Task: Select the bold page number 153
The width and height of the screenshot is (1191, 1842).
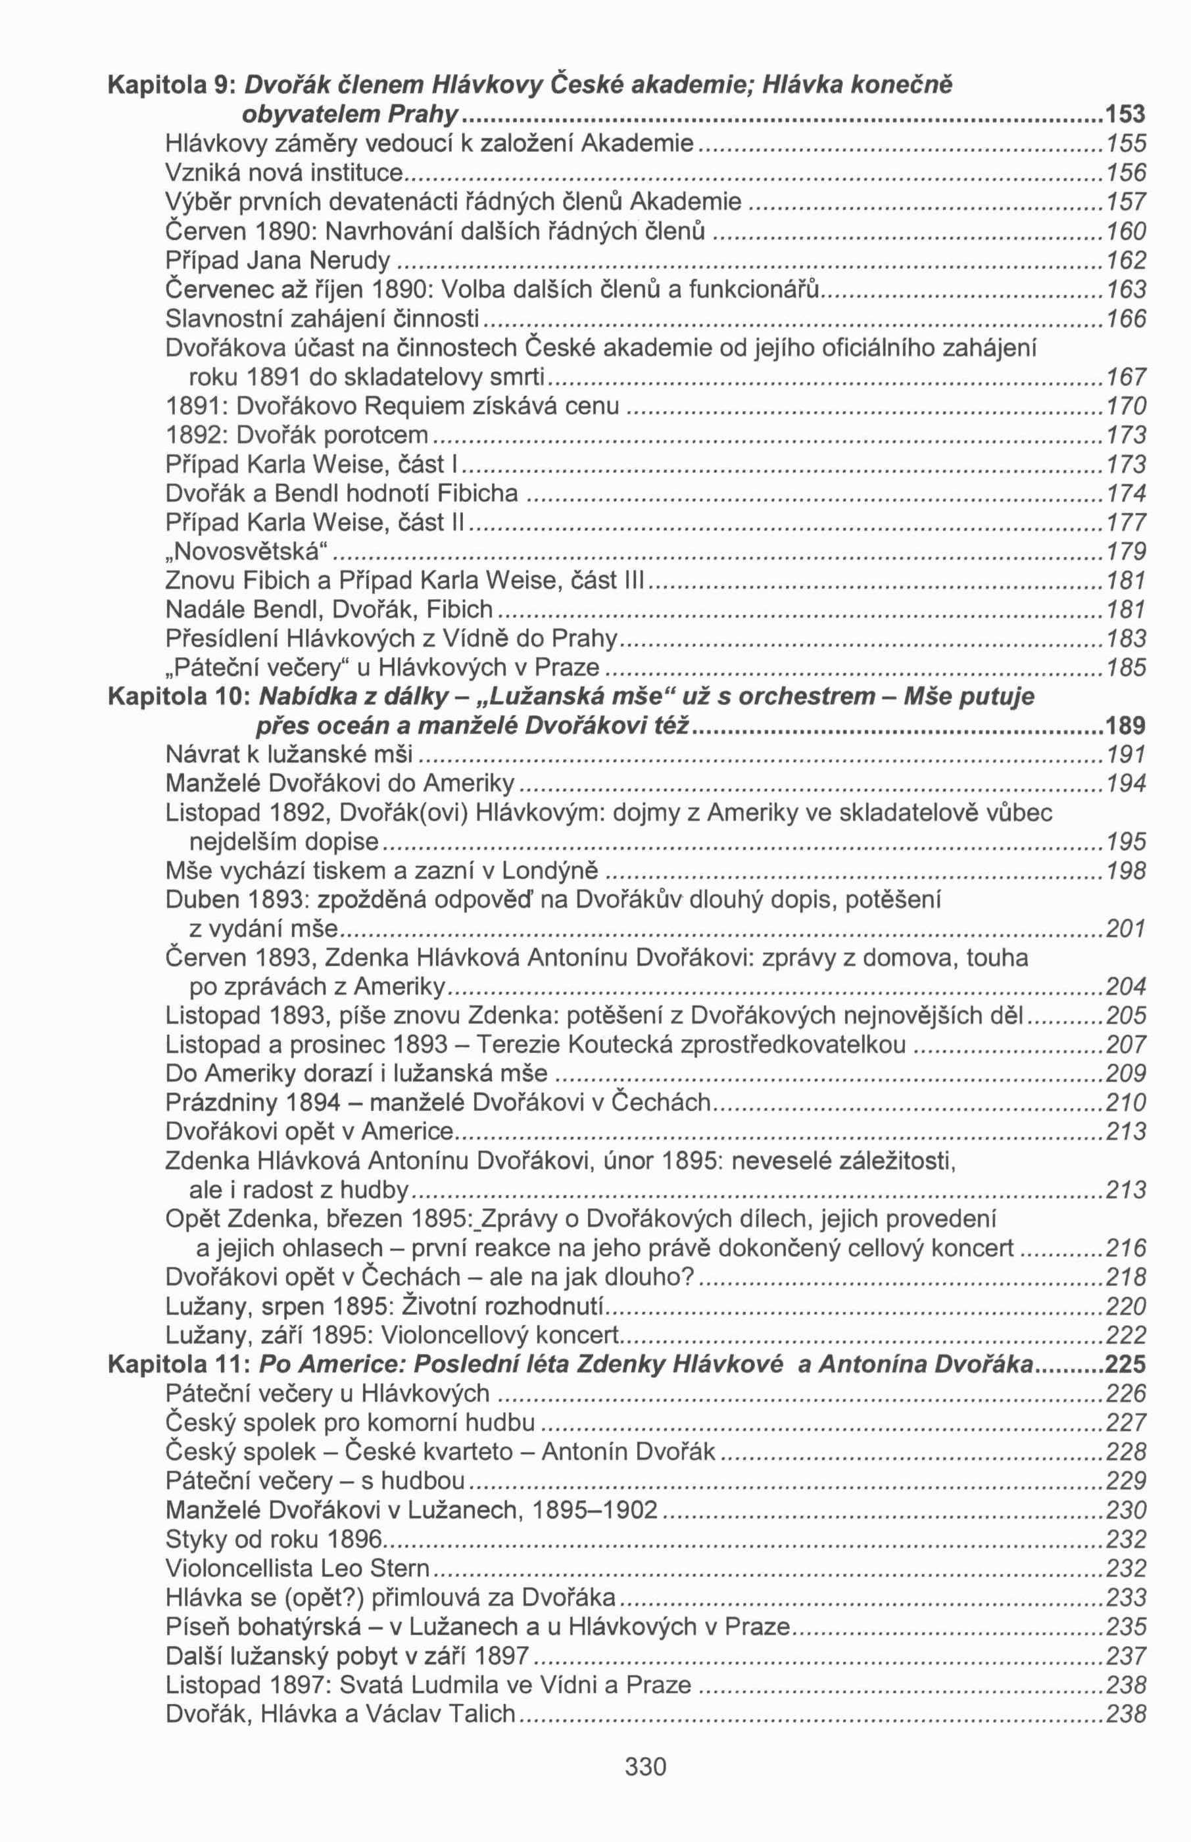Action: tap(1125, 114)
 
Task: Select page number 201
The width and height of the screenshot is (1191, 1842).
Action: tap(1126, 929)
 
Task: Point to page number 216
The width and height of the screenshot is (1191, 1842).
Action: tap(1126, 1248)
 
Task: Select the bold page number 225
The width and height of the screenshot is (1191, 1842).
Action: tap(1126, 1365)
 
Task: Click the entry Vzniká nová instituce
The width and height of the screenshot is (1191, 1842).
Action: tap(285, 172)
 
